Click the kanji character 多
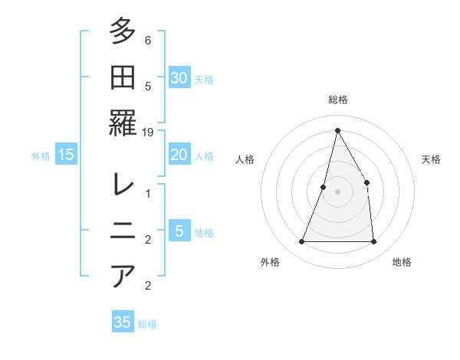123,32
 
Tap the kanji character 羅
123,123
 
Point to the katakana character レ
123,185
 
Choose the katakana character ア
123,276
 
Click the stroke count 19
149,133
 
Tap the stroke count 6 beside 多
148,40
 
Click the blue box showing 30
179,78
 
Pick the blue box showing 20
179,155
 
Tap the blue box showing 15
66,155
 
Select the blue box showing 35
123,322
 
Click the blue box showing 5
179,231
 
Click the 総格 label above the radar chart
337,100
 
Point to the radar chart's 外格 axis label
270,263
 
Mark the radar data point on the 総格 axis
337,130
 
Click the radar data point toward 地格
374,242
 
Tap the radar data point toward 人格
324,187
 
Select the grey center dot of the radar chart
337,191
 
